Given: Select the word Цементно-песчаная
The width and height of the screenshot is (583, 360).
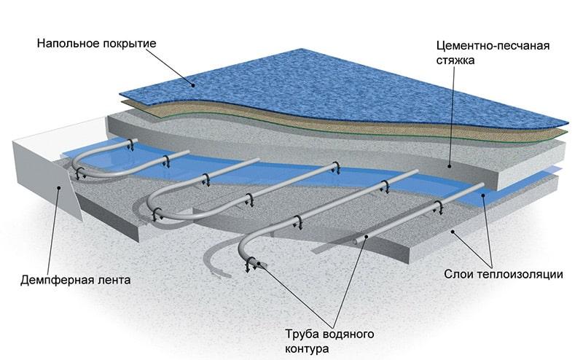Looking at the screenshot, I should pyautogui.click(x=488, y=46).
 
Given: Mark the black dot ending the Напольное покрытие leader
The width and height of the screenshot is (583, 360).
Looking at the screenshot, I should pyautogui.click(x=195, y=85).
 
